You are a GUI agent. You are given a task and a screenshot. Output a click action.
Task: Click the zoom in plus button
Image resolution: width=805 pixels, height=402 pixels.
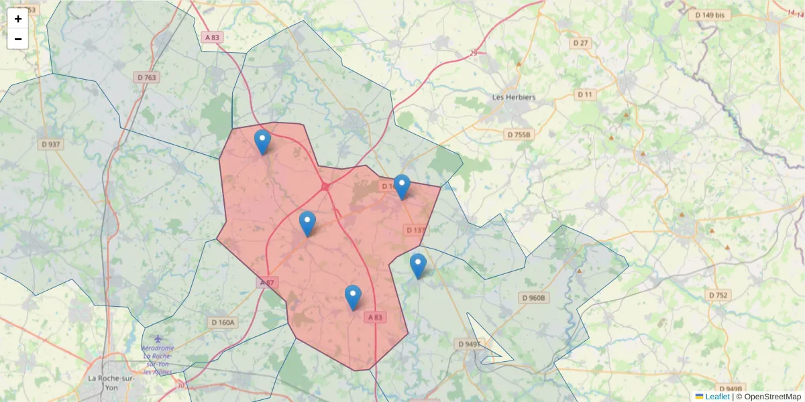click(x=17, y=19)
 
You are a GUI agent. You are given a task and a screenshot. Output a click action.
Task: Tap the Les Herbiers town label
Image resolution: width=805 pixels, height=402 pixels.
click(x=514, y=97)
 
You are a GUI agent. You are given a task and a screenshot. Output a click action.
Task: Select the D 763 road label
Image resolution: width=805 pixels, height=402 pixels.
click(x=147, y=78)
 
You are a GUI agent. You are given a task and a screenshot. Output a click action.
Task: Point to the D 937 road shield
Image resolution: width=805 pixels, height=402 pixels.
click(x=50, y=144)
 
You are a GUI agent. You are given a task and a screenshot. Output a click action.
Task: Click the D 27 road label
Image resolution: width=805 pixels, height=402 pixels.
click(x=581, y=43)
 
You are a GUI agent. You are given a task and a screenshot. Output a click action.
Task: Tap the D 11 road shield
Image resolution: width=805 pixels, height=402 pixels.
click(x=585, y=94)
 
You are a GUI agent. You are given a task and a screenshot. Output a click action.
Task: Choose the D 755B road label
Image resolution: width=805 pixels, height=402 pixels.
click(x=519, y=135)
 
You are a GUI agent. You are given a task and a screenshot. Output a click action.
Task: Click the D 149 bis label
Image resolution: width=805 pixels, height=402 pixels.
click(x=710, y=15)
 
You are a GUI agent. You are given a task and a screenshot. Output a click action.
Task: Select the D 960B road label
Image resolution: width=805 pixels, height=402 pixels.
click(x=534, y=297)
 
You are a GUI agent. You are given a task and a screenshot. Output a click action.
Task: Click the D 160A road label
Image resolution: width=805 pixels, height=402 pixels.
click(x=223, y=322)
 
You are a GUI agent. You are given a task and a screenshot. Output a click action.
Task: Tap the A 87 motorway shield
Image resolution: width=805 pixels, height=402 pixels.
click(x=267, y=283)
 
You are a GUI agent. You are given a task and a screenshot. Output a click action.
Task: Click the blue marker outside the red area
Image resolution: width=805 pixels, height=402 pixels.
click(x=418, y=265)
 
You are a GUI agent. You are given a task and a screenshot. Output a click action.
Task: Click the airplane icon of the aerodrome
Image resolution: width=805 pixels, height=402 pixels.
click(x=158, y=339)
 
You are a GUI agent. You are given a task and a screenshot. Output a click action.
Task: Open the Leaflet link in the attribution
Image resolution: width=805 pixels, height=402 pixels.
click(x=716, y=397)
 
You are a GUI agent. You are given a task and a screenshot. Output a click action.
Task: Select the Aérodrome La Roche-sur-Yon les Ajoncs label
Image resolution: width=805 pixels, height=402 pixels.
click(x=158, y=360)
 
